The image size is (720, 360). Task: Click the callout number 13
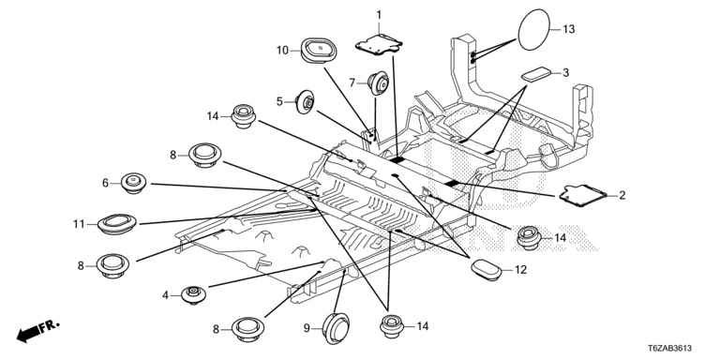568,29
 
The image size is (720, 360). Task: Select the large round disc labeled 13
534,30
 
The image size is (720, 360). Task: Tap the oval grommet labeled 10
318,50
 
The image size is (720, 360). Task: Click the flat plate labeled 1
379,45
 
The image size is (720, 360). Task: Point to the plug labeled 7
379,83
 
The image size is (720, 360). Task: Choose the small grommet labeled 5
306,102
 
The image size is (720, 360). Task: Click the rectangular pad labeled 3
536,74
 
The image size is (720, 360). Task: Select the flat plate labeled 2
583,195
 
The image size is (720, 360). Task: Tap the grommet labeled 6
134,183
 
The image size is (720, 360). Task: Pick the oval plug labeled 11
117,224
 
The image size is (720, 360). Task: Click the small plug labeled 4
193,294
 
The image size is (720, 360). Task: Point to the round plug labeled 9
336,328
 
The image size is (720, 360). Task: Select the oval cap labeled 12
487,270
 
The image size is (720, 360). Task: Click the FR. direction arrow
37,331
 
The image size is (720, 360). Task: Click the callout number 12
520,270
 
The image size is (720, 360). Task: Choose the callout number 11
79,225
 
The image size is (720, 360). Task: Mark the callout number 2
622,196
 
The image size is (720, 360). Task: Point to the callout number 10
282,50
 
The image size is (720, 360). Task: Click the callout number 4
165,295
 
